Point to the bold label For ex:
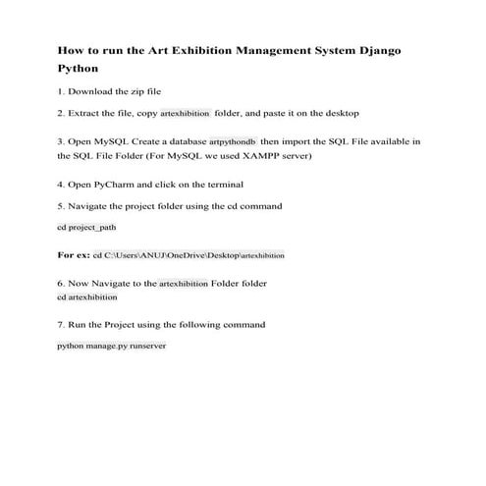point(74,254)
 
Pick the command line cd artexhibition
point(87,297)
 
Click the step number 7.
point(62,324)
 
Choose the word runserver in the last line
point(147,347)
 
